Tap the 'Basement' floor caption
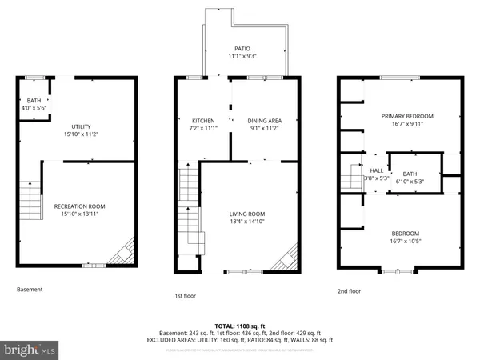pos(30,290)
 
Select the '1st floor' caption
pos(185,296)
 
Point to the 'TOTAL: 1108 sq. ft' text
pos(240,325)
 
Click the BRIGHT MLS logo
pos(30,349)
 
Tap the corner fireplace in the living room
pos(283,260)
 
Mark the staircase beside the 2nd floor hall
pos(352,176)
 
